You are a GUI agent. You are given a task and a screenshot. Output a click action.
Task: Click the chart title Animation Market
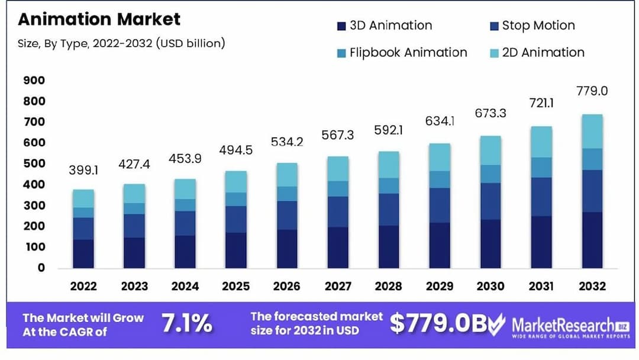[99, 19]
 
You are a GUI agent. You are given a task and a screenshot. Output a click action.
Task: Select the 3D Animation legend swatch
[341, 26]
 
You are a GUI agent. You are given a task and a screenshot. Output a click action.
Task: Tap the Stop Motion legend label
[538, 25]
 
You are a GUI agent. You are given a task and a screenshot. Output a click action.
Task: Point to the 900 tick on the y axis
[34, 81]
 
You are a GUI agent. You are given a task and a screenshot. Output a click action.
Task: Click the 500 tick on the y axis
[34, 164]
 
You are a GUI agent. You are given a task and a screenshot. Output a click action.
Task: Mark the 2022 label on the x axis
[84, 287]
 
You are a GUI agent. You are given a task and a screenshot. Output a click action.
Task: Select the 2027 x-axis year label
[338, 287]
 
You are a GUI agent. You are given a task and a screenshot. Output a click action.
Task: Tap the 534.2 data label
[288, 142]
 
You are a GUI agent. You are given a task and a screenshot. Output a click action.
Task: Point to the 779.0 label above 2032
[592, 91]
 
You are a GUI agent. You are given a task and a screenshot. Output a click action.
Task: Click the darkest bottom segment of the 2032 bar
[592, 240]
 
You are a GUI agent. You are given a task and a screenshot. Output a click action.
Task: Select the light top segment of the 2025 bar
[237, 182]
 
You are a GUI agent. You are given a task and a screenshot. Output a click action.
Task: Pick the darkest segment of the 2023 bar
[135, 253]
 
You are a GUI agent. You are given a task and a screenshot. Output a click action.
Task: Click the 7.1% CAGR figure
[187, 324]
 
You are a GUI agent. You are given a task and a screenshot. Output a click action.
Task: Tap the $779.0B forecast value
[438, 323]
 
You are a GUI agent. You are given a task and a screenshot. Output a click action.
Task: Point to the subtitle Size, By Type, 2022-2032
[121, 43]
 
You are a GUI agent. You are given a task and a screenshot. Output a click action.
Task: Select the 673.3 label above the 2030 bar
[491, 113]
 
